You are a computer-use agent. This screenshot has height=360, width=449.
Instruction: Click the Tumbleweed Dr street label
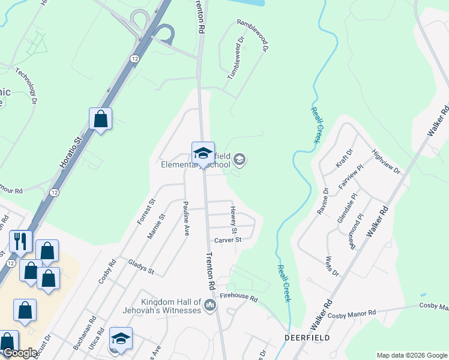(237, 58)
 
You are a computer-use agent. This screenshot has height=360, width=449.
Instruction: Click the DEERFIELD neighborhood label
(307, 338)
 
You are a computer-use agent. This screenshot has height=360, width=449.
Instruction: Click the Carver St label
(228, 239)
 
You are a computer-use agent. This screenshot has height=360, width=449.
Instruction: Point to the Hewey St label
(233, 220)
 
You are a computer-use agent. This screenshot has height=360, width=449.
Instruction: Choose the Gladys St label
(141, 267)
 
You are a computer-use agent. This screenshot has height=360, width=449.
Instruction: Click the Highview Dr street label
(386, 162)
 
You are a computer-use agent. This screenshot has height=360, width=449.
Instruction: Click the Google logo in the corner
(20, 353)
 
